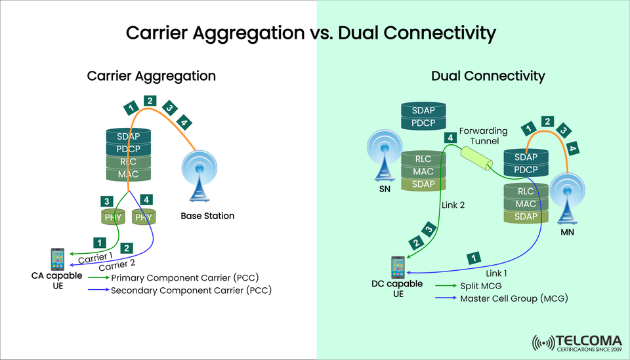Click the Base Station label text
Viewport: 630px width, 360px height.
207,216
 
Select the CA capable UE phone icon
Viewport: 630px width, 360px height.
58,259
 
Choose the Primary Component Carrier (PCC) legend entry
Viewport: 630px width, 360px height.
186,278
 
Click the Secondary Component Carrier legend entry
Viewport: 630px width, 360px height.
191,290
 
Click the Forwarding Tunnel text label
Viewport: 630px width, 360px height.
482,136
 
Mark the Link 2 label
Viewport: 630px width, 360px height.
452,205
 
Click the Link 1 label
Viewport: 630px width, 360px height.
499,272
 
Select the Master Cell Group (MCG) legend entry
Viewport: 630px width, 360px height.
514,298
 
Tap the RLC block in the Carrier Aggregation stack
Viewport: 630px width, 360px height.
129,162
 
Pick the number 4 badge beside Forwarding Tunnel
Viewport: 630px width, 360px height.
450,138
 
